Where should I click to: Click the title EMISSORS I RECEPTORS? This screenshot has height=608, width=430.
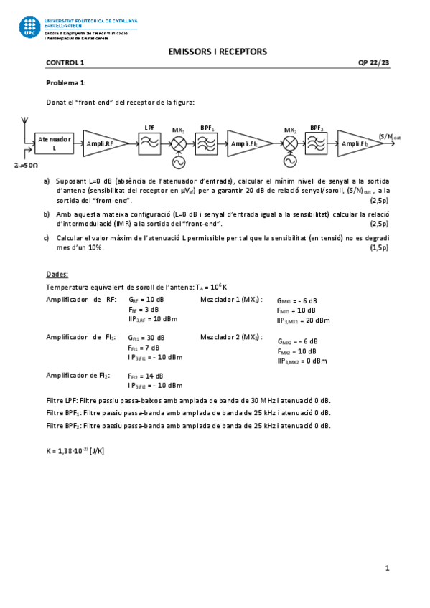217,52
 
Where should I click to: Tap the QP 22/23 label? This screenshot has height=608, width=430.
373,62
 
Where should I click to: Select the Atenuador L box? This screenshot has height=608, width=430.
55,143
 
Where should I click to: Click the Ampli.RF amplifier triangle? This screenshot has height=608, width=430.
102,143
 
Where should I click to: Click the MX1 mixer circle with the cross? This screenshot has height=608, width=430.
178,143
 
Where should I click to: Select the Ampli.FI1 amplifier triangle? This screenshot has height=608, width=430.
247,143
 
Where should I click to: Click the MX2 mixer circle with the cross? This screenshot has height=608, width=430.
290,143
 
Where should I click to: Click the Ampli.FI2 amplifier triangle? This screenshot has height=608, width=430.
357,143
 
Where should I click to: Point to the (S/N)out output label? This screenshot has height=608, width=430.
390,136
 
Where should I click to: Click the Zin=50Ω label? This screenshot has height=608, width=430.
26,166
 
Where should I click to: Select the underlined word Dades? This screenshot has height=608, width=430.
57,274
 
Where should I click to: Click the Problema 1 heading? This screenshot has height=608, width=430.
66,83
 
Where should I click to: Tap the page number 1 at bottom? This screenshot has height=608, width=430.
386,569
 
